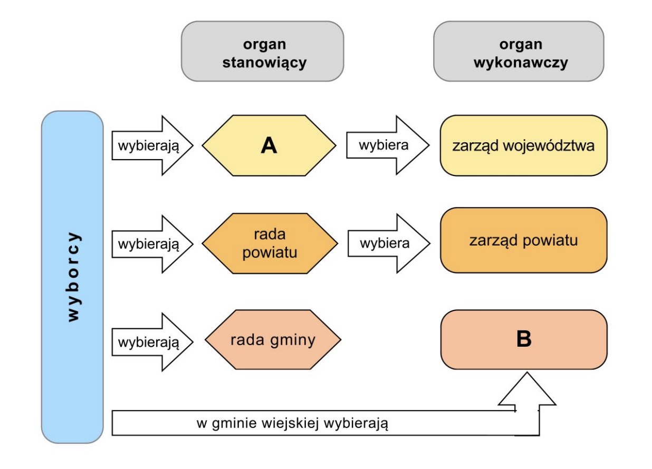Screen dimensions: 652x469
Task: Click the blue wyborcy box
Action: tap(72, 277)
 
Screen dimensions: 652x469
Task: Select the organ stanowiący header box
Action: tap(262, 51)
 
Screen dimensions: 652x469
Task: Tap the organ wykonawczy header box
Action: tap(519, 51)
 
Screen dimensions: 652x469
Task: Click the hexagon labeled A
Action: tap(269, 145)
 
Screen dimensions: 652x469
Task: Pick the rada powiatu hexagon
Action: tap(270, 243)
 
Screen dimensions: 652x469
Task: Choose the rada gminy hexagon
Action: tap(273, 339)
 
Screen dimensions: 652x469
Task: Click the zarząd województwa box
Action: tap(524, 145)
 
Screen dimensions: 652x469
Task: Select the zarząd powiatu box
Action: tap(524, 240)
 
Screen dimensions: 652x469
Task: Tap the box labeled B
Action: tap(524, 339)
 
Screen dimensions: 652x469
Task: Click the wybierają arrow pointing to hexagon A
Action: tap(152, 145)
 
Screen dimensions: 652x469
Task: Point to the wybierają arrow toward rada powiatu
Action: tap(152, 244)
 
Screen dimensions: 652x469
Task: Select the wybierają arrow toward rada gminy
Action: tap(152, 342)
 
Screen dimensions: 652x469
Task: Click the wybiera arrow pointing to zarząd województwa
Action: tap(388, 145)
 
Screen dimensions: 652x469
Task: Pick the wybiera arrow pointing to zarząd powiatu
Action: tap(389, 243)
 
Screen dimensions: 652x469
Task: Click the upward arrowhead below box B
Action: tap(527, 389)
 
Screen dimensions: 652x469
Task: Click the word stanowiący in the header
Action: tap(264, 63)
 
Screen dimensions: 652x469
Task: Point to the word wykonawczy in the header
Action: tap(521, 63)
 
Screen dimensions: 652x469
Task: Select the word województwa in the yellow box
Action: tap(549, 145)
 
